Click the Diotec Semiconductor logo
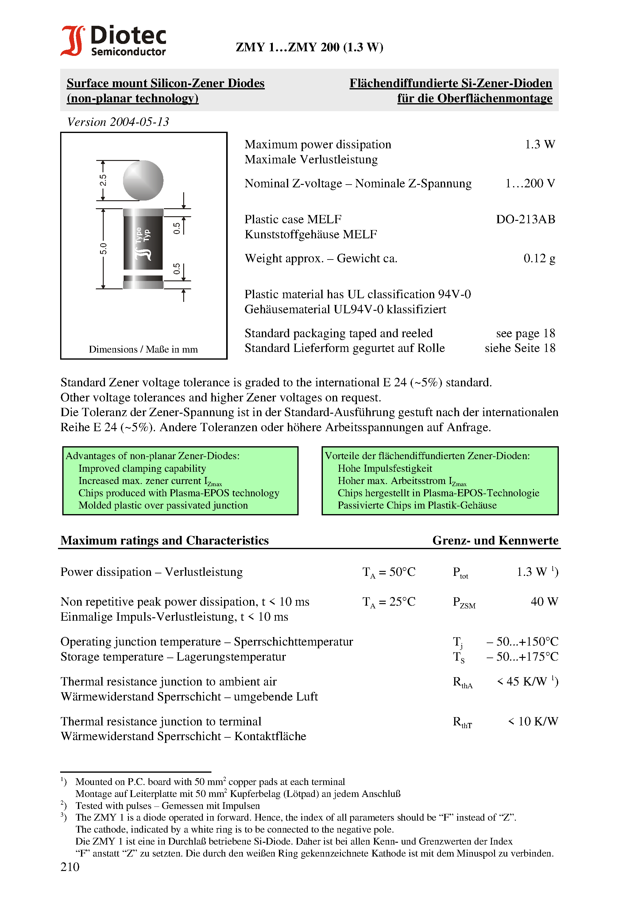113,41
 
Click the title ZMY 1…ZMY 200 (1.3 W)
309,47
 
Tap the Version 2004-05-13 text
118,122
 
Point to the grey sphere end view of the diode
143,180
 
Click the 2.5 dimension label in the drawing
103,180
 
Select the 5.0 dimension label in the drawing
103,249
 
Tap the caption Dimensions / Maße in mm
143,349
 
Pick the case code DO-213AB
525,219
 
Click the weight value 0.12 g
539,259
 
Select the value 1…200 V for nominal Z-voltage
530,183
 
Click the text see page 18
525,333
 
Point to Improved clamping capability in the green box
142,469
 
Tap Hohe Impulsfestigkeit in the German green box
385,469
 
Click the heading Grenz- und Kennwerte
495,541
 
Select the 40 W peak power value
544,602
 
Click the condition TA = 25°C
389,602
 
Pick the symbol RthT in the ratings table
462,722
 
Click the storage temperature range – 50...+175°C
522,657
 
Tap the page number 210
70,867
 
